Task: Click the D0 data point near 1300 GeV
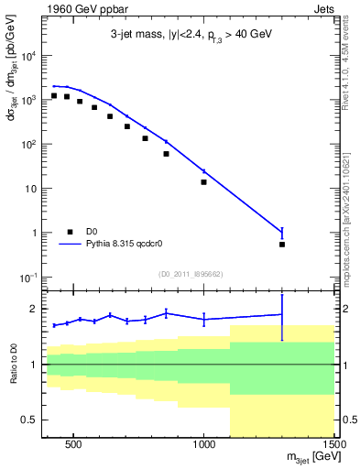282,244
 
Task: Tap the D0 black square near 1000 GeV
203,181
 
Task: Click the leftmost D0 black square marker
54,95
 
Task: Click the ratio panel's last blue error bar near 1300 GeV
282,315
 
